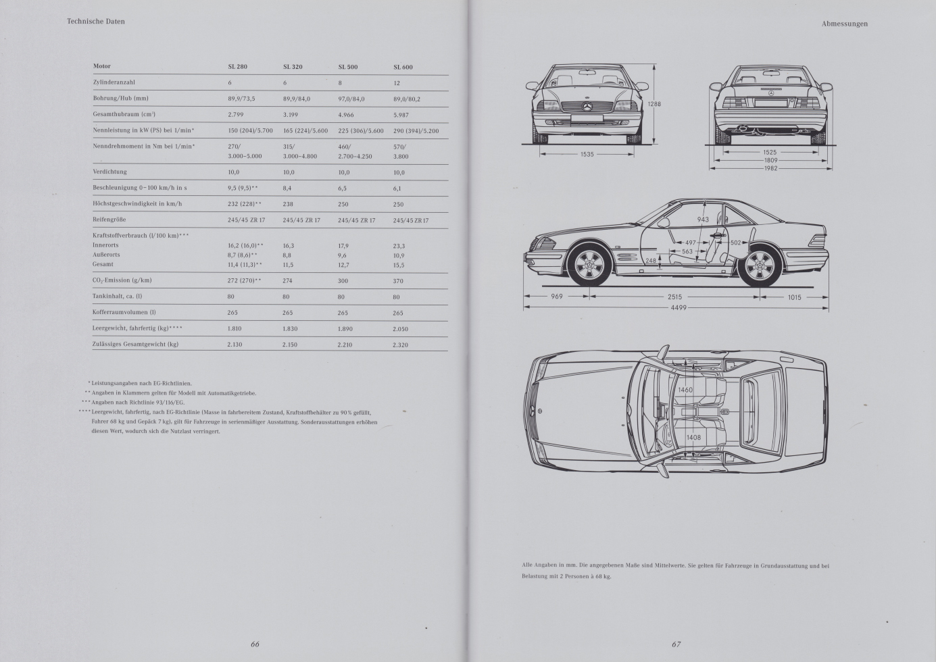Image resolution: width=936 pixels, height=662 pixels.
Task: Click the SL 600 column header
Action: (403, 67)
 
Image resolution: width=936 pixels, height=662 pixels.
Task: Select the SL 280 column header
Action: (237, 67)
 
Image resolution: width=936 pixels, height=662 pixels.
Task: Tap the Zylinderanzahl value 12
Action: (397, 83)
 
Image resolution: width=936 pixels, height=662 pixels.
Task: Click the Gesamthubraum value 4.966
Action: (346, 115)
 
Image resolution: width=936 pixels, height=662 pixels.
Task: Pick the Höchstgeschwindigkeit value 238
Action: (288, 204)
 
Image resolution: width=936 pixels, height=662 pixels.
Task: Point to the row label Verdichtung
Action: (109, 172)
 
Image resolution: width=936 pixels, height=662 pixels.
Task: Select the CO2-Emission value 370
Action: (398, 281)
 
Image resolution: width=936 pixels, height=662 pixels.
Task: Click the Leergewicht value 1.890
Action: (346, 329)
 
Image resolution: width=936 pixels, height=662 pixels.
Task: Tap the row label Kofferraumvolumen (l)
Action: (124, 312)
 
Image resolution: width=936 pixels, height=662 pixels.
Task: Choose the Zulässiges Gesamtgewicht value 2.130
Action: (235, 345)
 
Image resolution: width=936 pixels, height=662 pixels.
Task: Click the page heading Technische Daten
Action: (96, 22)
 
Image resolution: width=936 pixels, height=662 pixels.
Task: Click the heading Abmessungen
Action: (845, 24)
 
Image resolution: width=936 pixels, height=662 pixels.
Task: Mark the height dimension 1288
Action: (654, 105)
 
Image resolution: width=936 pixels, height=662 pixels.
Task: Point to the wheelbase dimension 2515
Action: (675, 297)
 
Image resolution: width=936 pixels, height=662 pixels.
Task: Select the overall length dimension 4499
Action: (678, 308)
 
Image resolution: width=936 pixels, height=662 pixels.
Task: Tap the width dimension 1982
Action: (771, 168)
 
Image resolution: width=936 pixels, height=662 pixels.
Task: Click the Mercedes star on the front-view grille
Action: (587, 107)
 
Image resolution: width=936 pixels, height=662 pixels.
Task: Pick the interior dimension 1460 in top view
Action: (685, 390)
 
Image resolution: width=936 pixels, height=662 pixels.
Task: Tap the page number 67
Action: (676, 644)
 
